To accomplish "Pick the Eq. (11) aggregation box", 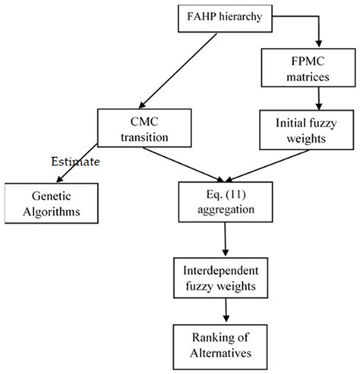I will [224, 200].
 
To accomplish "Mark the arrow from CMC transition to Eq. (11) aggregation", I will [182, 162].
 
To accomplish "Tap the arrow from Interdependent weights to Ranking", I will [225, 310].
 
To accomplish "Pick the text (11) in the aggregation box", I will [237, 193].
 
